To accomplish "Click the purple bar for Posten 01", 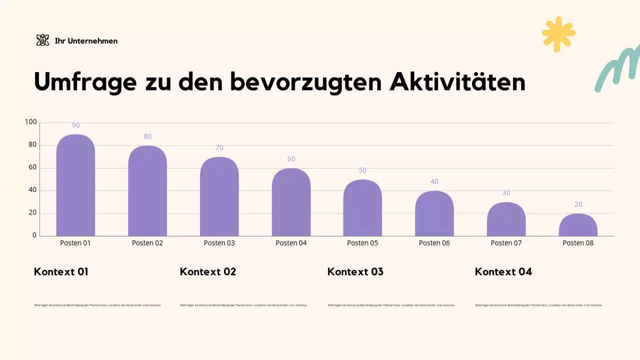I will tap(75, 187).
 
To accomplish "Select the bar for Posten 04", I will tap(291, 204).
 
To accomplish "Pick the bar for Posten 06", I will tap(434, 215).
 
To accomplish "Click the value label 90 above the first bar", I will tap(75, 125).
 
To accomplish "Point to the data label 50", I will tap(362, 170).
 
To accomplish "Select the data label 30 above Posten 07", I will tap(506, 193).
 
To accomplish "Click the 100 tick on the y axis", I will tap(31, 122).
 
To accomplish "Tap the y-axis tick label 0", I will tap(34, 235).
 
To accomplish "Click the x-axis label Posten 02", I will tap(147, 243).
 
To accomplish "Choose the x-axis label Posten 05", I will tap(362, 243).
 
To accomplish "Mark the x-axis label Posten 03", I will tap(219, 243).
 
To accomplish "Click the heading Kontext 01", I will tap(61, 272).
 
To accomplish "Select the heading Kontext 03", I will tap(355, 272).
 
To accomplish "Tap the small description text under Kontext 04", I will tap(538, 305).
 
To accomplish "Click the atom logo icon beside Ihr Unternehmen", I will tap(43, 40).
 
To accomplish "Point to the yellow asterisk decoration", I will tap(558, 34).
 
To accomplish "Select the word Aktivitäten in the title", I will tap(457, 82).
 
